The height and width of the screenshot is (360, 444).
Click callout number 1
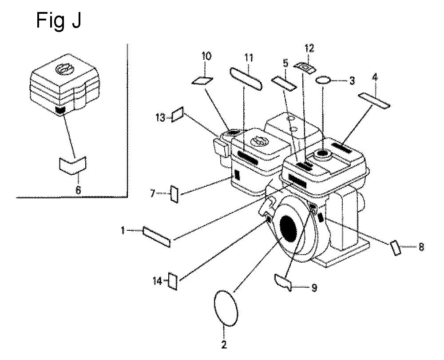click(123, 231)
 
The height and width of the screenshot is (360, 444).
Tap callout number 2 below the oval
click(224, 344)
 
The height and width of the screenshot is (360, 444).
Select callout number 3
click(352, 81)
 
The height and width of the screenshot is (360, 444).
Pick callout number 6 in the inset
click(78, 190)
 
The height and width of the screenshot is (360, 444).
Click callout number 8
click(421, 247)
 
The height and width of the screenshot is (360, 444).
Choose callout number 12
click(309, 48)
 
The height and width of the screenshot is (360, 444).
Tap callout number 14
click(158, 281)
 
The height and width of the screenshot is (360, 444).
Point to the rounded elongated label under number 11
click(246, 79)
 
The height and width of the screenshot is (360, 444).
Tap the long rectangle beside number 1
click(157, 237)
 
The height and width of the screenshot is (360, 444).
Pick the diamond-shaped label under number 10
click(203, 80)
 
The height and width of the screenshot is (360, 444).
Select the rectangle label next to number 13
click(178, 115)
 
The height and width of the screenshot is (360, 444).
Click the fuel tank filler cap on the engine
click(323, 154)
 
